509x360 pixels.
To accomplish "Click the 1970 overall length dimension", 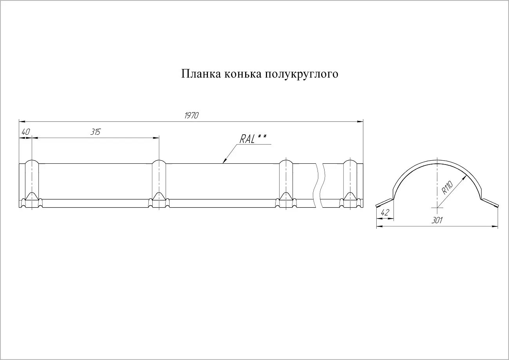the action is pyautogui.click(x=191, y=116).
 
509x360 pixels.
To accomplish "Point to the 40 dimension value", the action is pyautogui.click(x=25, y=132).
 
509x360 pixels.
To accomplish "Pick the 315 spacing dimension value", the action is pyautogui.click(x=95, y=132).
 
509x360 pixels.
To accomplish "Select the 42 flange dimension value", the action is pyautogui.click(x=384, y=213).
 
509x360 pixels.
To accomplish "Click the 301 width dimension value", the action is pyautogui.click(x=437, y=221).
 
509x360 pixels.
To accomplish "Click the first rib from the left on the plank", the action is pyautogui.click(x=32, y=184).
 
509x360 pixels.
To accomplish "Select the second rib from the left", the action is pyautogui.click(x=159, y=184).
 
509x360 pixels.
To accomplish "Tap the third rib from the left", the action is pyautogui.click(x=286, y=184).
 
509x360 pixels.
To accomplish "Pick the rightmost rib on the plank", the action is pyautogui.click(x=350, y=184).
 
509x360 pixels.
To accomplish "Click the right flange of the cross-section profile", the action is pyautogui.click(x=490, y=203).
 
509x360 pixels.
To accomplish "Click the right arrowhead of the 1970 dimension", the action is pyautogui.click(x=361, y=122).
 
